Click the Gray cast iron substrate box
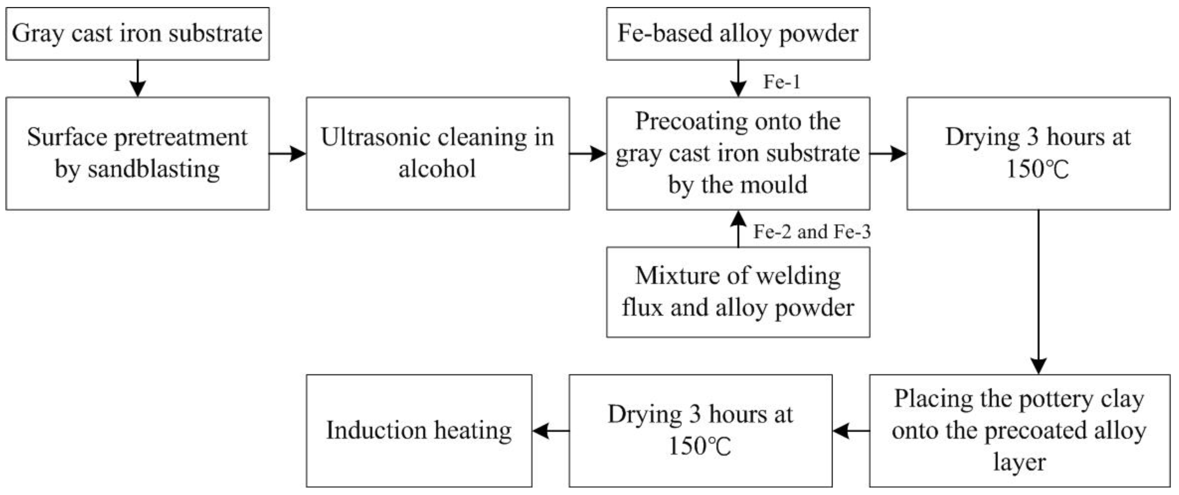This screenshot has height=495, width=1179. (x=137, y=33)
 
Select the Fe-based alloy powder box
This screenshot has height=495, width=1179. (x=738, y=33)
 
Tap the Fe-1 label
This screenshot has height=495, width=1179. (x=782, y=82)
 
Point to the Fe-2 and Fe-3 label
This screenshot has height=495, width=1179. (x=812, y=232)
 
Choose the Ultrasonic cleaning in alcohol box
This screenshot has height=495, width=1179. (x=438, y=153)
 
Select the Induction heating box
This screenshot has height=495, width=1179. (x=419, y=430)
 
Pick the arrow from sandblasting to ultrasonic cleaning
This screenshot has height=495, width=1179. (x=287, y=154)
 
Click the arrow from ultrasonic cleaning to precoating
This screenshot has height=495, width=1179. (x=588, y=154)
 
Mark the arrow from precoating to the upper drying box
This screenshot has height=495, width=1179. (x=888, y=154)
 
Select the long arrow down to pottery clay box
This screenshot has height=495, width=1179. (x=1038, y=293)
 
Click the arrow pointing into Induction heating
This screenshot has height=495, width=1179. (x=551, y=430)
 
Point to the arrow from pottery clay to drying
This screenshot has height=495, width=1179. (x=851, y=430)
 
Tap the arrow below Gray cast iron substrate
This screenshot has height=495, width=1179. (x=137, y=78)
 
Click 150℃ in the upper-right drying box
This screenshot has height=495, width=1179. (x=1037, y=169)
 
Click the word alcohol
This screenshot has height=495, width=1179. (x=437, y=169)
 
